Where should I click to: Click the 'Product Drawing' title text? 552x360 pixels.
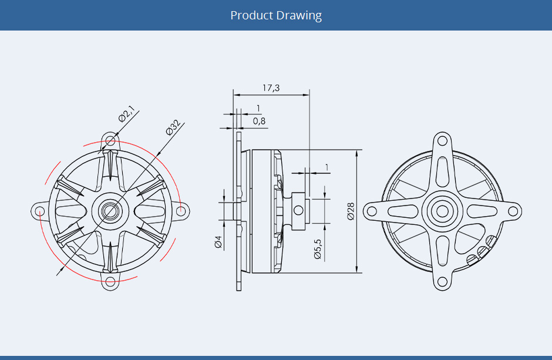tap(276, 15)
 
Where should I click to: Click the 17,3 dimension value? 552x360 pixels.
tap(271, 88)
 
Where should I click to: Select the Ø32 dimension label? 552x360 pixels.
tap(174, 127)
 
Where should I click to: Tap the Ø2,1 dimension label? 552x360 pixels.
tap(127, 113)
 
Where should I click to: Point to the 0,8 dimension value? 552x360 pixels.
tap(259, 122)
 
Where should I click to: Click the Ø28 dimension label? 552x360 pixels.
tap(351, 211)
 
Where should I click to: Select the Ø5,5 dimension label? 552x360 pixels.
tap(318, 249)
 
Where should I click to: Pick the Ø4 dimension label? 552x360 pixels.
tap(218, 242)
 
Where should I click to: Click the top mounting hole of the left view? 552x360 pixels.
tap(110, 141)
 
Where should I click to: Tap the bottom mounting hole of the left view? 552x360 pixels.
tap(110, 281)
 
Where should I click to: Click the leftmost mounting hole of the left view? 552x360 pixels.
tap(40, 211)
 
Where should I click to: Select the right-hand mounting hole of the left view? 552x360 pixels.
tap(181, 211)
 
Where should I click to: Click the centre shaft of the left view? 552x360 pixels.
tap(110, 211)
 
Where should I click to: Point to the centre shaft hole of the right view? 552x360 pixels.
tap(443, 211)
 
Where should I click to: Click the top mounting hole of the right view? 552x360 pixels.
tap(443, 141)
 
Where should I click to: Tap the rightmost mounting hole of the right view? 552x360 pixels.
tap(513, 211)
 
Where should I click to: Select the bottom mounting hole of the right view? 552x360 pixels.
tap(443, 281)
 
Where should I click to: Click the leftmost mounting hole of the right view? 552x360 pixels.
tap(372, 211)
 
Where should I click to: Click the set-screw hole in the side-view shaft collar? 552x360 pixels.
tap(298, 210)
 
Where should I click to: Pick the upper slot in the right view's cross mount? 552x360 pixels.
tap(443, 171)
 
